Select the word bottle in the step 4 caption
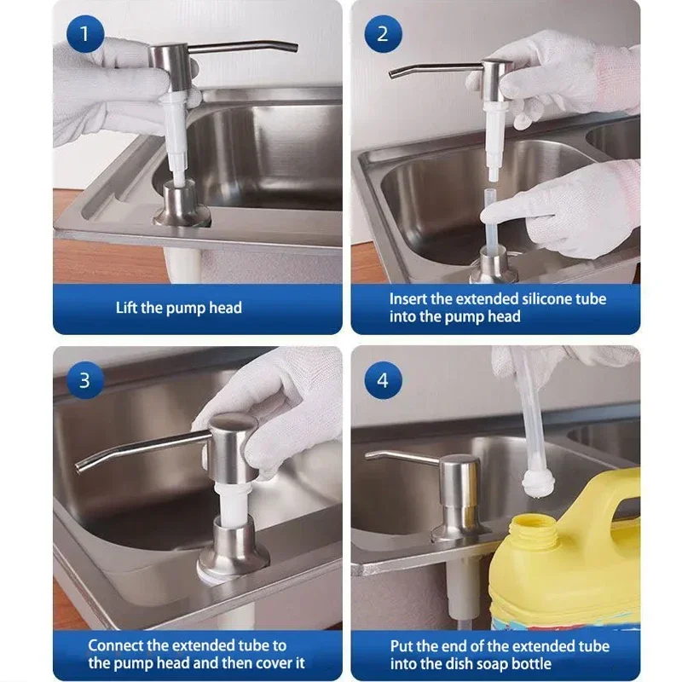tap(529, 663)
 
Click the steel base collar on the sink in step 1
tap(181, 204)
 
